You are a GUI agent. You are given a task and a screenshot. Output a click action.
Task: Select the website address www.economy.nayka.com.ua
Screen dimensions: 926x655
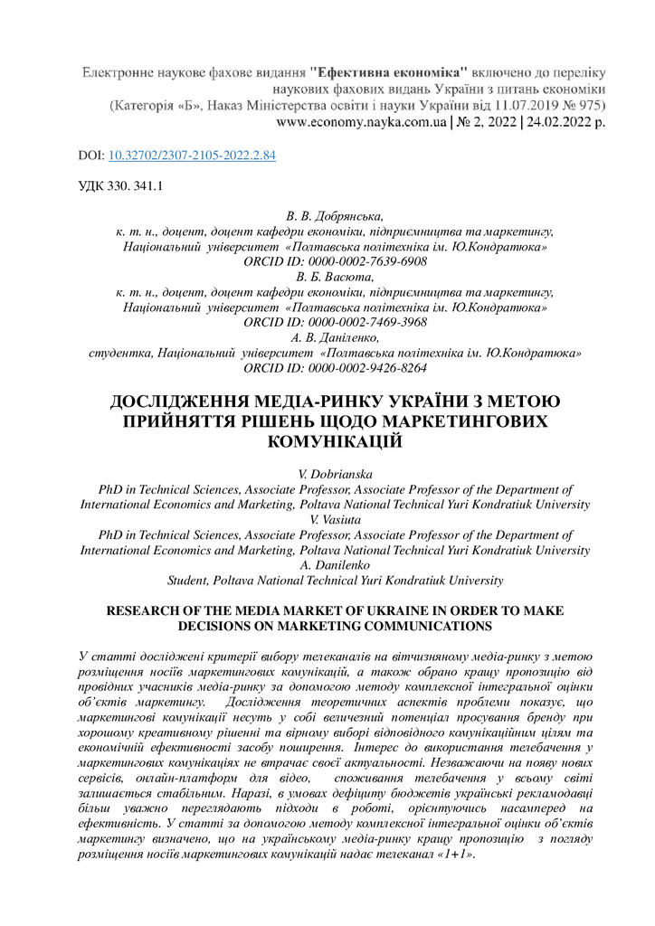pyautogui.click(x=360, y=121)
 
